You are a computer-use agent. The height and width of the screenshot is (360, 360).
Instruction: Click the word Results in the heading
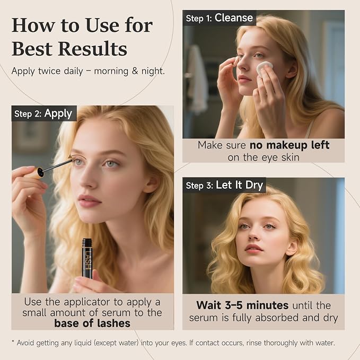93,49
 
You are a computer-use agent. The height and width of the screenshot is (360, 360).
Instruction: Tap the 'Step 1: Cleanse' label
219,18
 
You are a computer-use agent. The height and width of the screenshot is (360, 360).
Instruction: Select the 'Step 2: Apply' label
43,113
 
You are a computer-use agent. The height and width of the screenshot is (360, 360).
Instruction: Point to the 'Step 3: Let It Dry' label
224,185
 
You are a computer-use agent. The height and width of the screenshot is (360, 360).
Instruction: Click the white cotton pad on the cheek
265,67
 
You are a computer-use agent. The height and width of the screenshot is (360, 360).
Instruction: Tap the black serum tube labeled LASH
87,259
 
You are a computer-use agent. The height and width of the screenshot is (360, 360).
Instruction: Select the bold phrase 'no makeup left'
289,145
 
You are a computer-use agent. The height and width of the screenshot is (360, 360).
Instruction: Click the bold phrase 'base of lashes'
92,323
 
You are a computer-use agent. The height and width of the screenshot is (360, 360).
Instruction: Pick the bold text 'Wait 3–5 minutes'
242,305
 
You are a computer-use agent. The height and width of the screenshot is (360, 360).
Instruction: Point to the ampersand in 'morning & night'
135,71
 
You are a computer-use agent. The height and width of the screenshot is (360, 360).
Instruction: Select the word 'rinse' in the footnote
254,343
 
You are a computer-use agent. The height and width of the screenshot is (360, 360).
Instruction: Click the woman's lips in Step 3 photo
253,249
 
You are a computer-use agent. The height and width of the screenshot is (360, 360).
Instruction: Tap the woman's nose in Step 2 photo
87,179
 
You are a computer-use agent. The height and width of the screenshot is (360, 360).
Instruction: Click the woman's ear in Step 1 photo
291,67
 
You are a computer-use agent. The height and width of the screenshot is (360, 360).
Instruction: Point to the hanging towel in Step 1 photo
197,78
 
